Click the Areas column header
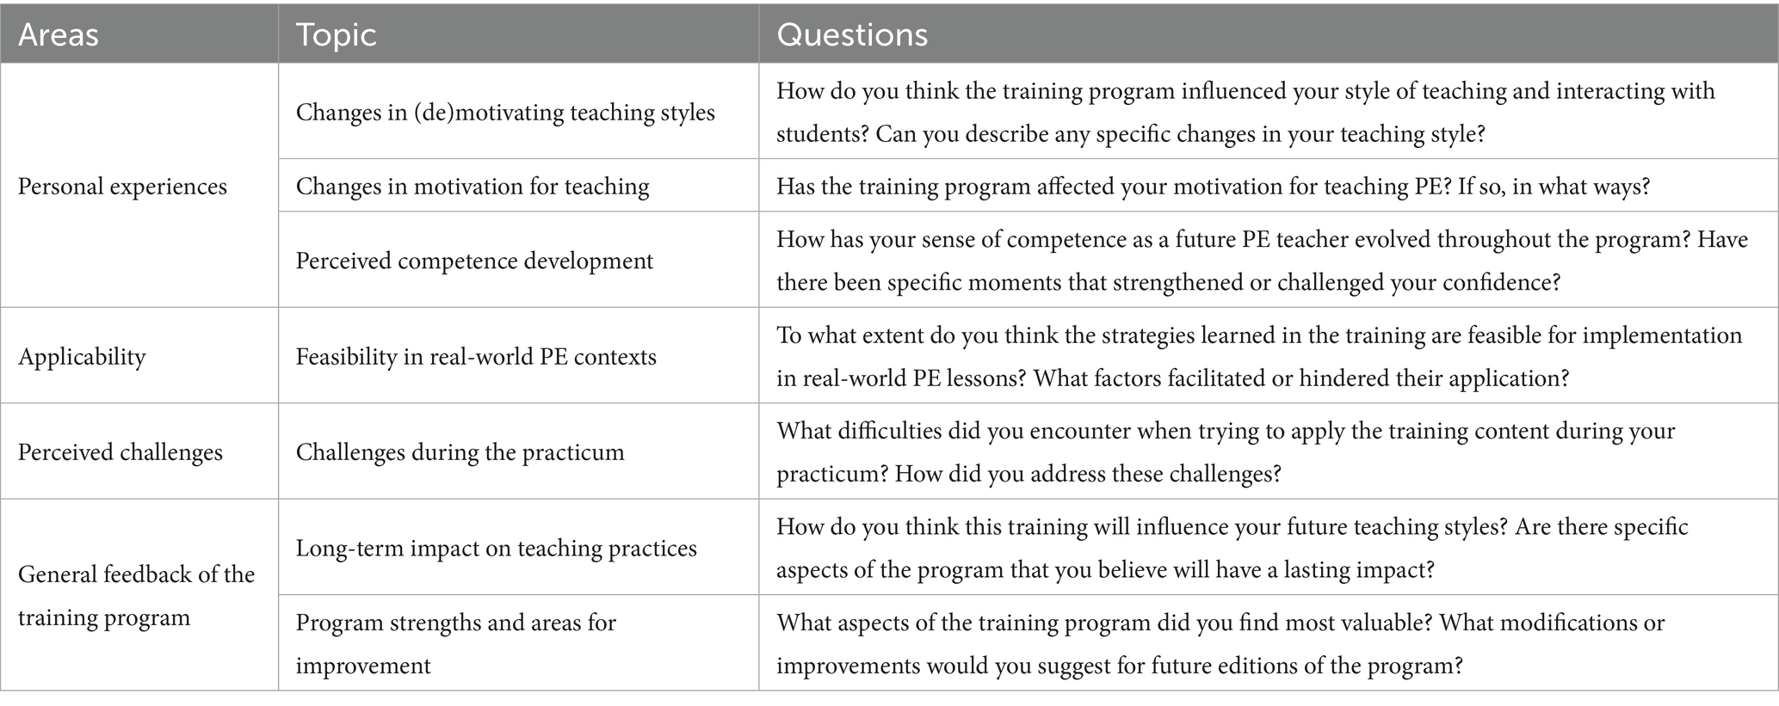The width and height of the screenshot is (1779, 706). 58,34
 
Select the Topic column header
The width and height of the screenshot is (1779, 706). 337,35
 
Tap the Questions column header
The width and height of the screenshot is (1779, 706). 852,34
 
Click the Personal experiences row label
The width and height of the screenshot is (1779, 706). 122,187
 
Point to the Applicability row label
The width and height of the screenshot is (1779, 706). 82,356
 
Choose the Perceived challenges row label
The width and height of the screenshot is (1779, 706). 120,452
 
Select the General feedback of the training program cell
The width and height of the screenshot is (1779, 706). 137,596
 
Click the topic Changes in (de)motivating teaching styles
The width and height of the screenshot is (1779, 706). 505,113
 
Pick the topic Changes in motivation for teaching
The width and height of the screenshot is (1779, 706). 473,187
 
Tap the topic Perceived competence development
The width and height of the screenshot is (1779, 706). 474,261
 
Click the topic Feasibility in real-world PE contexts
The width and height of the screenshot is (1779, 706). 476,356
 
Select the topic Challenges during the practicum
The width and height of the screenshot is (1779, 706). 460,452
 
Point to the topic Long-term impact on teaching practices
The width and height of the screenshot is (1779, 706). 497,548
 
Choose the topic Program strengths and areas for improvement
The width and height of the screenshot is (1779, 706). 456,644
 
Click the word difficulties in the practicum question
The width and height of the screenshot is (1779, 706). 876,431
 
